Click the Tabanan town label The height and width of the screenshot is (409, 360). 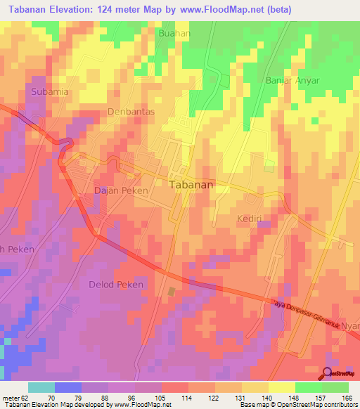[192, 185]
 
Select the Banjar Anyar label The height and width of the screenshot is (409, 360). [292, 80]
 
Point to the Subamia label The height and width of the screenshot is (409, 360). [49, 91]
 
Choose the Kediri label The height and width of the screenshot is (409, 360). [251, 219]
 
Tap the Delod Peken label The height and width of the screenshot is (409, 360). [116, 285]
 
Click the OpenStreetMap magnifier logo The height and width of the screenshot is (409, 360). [328, 373]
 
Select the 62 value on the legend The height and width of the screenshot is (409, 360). [22, 397]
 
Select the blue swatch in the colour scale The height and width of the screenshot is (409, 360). [67, 387]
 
